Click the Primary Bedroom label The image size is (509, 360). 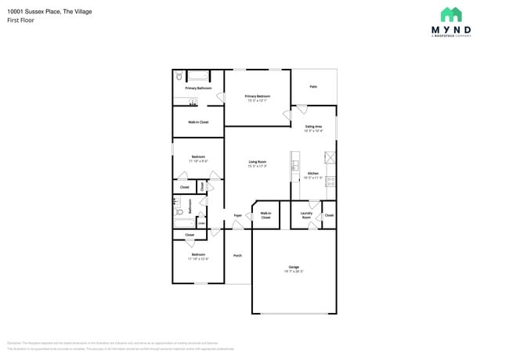coord(257,95)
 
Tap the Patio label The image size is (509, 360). coord(313,87)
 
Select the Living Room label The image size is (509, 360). coord(257,161)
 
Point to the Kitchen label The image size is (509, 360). coord(313,173)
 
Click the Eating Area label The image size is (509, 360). coord(313,126)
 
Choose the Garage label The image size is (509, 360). coord(294,267)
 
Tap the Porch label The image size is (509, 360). coord(237,255)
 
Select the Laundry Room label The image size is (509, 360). coord(306,215)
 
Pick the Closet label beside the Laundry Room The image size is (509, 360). coord(329,214)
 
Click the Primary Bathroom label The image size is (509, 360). coord(198,88)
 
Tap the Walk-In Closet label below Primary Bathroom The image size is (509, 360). coord(198,122)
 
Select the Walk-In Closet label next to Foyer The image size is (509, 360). coord(265,215)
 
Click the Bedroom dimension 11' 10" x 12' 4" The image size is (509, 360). coord(198,258)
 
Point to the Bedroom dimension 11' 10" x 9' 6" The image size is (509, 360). coord(198,161)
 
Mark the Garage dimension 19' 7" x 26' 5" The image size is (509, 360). coord(294,272)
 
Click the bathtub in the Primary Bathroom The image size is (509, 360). coord(197,76)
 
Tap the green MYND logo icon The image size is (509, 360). coord(450,14)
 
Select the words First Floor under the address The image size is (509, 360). coord(21,20)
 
